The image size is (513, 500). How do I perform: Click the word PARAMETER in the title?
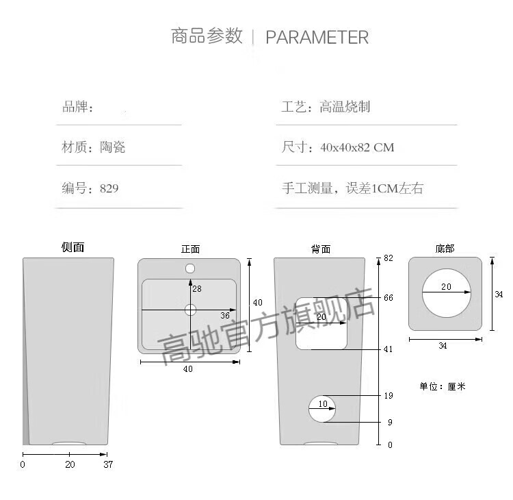coord(317,37)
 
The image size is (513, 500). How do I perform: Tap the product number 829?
coord(109,188)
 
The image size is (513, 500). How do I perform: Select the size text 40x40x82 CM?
coord(357,147)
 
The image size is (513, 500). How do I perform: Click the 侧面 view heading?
coord(73,247)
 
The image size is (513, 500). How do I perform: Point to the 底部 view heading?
coord(445,249)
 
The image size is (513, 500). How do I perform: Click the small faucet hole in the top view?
coord(190,268)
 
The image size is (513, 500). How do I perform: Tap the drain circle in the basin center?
coord(190,310)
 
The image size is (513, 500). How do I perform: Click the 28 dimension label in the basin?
coord(197,288)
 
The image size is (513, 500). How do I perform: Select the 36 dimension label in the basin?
coord(225,316)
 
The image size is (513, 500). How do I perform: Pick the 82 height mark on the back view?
coord(389,258)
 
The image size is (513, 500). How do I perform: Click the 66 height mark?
coord(389,298)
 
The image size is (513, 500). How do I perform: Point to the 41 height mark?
coord(388,349)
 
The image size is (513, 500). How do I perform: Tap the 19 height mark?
coord(389,396)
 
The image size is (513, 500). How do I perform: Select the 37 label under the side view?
coord(108,464)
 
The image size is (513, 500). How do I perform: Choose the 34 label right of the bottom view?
coord(499,295)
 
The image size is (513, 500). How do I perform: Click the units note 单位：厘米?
coord(443,386)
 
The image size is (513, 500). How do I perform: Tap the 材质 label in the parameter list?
coord(75,147)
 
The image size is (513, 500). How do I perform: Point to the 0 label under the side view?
coord(23,464)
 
